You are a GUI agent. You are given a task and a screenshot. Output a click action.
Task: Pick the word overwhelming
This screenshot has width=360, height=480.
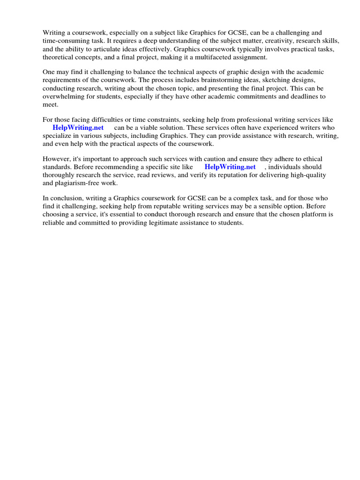click(x=65, y=96)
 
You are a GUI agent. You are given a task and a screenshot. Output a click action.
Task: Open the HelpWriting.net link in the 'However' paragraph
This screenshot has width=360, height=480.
click(x=230, y=167)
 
